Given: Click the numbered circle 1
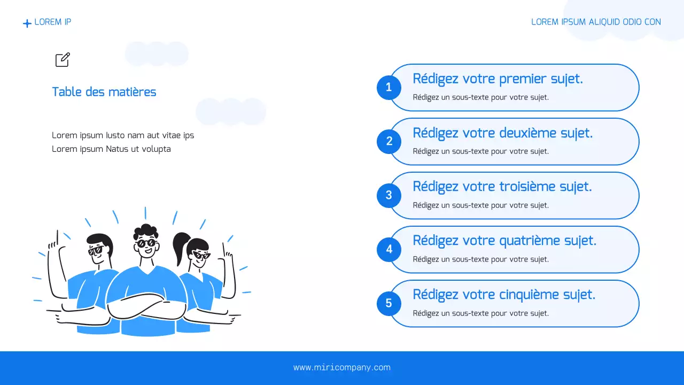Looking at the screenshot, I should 388,87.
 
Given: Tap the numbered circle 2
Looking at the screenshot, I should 388,141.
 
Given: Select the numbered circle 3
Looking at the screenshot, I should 388,195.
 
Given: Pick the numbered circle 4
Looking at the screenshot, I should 388,249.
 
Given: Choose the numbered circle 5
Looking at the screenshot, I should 388,303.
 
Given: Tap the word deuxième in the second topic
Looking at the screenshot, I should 528,133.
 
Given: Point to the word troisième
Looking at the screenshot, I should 527,187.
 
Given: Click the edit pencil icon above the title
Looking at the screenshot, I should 63,60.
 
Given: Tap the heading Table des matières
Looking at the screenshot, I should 104,92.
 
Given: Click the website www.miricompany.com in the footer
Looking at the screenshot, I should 342,367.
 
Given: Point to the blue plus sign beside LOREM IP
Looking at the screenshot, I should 27,24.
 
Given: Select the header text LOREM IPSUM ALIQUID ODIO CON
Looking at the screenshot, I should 596,22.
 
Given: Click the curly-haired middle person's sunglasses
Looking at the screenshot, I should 146,243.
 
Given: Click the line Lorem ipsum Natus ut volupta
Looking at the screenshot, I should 111,149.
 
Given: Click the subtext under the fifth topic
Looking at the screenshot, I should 480,313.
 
